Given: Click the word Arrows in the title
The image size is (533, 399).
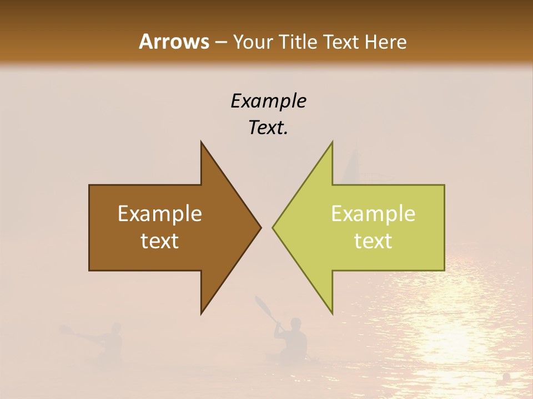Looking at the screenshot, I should click(x=173, y=42).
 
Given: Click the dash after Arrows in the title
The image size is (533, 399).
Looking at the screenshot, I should click(x=220, y=42).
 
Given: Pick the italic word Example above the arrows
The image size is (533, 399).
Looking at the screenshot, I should click(x=268, y=101).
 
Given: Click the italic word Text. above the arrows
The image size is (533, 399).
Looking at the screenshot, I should click(x=268, y=127).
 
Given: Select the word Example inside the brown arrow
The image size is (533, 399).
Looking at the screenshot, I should click(x=160, y=213).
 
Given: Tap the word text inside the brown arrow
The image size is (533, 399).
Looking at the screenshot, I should click(x=160, y=241).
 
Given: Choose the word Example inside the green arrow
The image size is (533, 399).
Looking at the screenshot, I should click(x=373, y=213).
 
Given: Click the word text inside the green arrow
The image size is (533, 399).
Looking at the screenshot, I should click(x=373, y=241).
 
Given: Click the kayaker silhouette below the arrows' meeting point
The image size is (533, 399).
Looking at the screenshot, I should click(x=294, y=338).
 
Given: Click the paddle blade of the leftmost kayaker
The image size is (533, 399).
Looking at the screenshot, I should click(x=66, y=330).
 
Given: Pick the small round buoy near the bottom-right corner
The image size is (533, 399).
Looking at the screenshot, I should click(x=506, y=377).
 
